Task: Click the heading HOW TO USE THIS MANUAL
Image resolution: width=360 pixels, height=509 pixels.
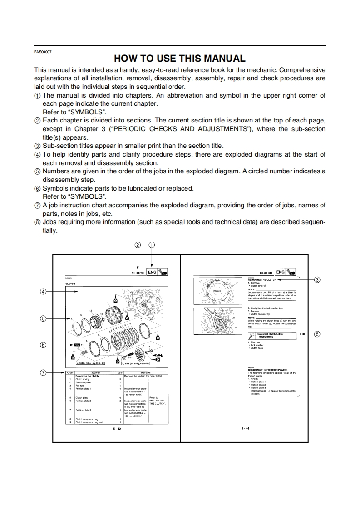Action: (179, 58)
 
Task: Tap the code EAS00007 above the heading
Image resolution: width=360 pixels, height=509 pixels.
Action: (43, 51)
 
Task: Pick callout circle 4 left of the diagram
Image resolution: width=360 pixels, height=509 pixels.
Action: (44, 291)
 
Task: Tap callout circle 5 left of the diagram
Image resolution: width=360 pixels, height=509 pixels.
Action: (44, 318)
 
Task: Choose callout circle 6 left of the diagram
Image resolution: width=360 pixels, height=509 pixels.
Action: (44, 345)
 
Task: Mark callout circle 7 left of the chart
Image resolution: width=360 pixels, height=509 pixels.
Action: (44, 372)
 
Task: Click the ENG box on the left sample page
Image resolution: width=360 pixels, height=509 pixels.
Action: (152, 272)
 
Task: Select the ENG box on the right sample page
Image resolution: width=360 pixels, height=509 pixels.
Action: (281, 272)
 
